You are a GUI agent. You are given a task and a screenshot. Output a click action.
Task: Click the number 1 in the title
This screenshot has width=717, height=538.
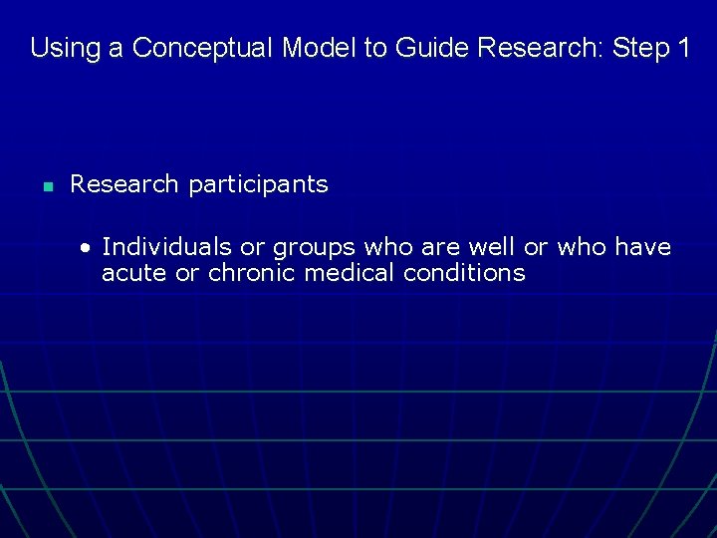point(680,48)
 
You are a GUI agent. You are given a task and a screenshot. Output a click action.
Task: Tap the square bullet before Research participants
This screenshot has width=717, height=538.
point(47,186)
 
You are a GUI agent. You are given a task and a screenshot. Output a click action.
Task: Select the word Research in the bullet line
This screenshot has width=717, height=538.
point(125,184)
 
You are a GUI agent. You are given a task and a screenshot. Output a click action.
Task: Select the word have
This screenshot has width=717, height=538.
point(643,246)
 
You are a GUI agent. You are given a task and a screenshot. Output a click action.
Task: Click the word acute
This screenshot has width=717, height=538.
point(134,273)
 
